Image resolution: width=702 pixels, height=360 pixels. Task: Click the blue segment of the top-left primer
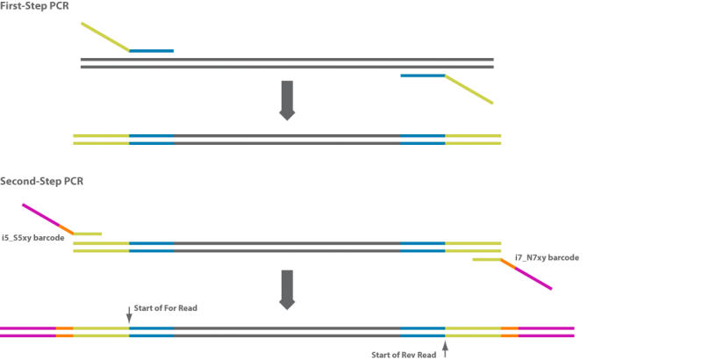156,51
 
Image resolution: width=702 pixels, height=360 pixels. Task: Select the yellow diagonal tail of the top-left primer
104,36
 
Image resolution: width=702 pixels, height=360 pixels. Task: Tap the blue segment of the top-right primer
422,79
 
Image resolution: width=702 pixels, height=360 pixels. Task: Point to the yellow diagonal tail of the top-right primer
469,93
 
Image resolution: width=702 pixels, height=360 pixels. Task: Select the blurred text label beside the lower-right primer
548,258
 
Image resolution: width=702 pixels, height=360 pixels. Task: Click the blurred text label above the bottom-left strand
164,312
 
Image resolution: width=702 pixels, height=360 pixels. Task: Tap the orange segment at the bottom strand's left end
64,333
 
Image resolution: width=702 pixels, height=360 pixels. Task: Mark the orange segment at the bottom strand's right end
510,333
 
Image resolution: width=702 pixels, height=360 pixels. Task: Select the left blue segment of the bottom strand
151,333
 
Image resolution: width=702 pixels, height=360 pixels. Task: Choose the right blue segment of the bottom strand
423,333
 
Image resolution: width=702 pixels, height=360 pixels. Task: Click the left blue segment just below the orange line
151,248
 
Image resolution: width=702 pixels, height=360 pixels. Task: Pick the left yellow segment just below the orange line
101,248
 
